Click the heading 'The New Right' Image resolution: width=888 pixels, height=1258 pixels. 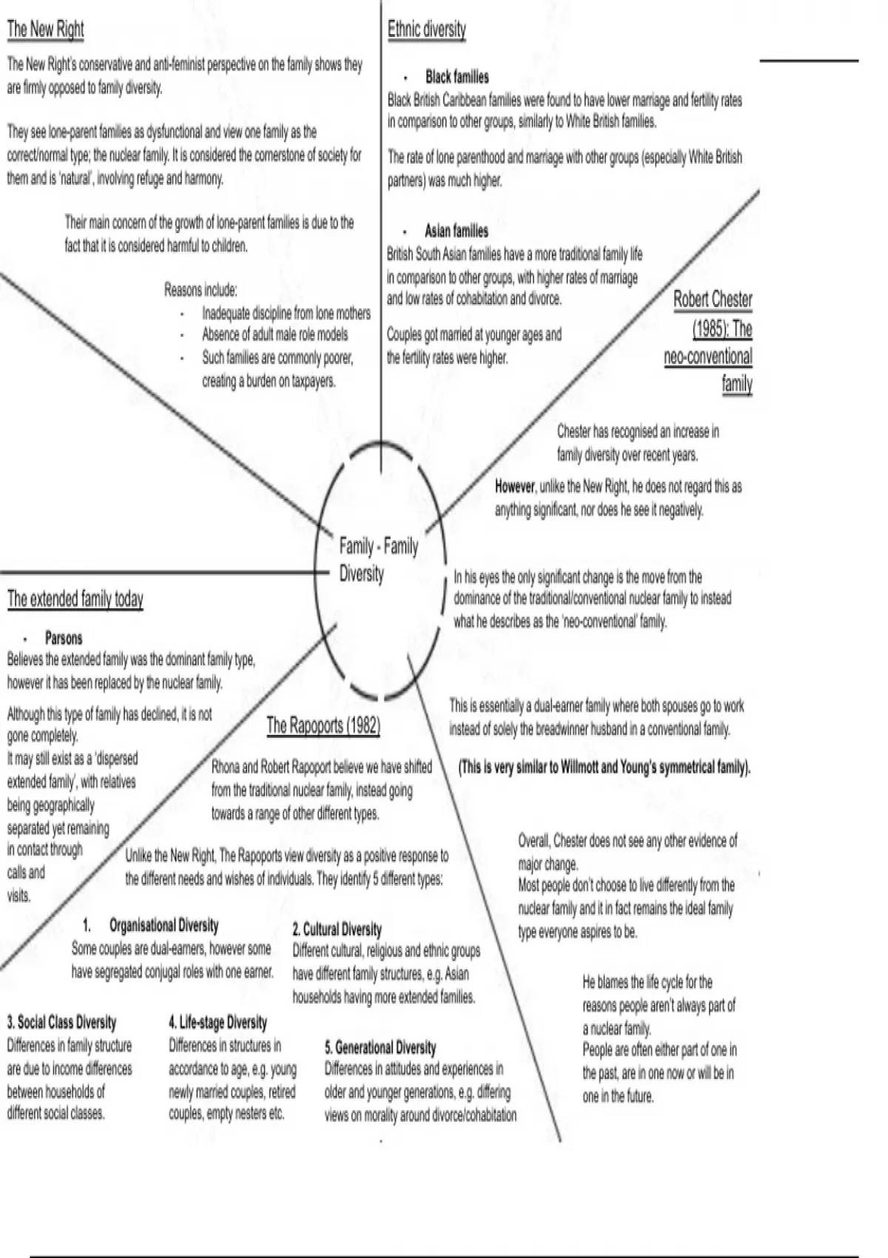coord(45,30)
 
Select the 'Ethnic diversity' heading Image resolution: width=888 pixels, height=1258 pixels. coord(427,30)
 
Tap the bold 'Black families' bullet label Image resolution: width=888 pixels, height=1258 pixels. coord(457,77)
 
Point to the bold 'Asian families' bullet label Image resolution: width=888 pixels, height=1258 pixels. coord(457,231)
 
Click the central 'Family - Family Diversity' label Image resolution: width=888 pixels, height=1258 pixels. coord(378,559)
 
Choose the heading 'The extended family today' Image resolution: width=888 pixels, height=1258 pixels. coord(75,599)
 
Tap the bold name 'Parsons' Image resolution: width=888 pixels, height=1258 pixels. coord(64,638)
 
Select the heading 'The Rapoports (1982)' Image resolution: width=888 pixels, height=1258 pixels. coord(323,725)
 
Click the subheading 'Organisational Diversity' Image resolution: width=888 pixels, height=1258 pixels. coord(164,926)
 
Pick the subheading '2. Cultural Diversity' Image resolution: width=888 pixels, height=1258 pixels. coord(337,929)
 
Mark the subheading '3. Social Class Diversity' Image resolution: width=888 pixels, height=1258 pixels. coord(61,1023)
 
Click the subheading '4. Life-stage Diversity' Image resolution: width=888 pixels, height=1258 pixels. coord(218,1023)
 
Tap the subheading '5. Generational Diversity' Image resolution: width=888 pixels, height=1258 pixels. coord(380,1048)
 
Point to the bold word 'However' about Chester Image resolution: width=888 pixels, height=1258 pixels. coord(515,487)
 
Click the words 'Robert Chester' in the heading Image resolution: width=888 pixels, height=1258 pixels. coord(713,300)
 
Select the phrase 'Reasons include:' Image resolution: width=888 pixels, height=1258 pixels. coord(201,290)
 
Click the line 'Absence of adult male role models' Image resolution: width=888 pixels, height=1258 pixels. coord(275,334)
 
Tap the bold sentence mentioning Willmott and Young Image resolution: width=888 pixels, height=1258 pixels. coord(605,767)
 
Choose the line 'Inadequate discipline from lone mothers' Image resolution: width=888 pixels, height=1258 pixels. coord(286,313)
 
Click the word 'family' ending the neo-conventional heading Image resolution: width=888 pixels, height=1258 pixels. coord(737,384)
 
